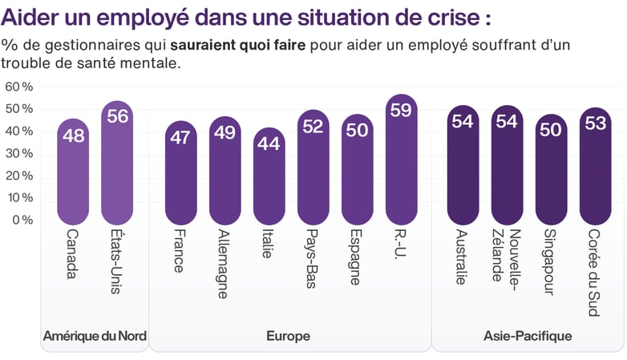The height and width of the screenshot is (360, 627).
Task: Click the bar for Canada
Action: tap(74, 172)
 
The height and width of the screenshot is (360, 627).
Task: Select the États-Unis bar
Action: tap(117, 164)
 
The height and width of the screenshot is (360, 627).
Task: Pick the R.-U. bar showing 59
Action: tap(401, 160)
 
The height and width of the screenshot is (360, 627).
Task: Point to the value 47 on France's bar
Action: tap(181, 137)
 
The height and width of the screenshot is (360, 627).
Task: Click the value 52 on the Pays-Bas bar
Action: tap(313, 126)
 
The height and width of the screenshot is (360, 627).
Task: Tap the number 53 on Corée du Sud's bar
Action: tap(595, 123)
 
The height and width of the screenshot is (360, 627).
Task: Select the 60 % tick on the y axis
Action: tap(19, 87)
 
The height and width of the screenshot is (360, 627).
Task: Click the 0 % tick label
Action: tap(22, 220)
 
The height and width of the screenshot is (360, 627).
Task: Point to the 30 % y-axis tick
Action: tap(19, 153)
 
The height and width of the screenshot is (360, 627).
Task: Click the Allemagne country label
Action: tap(225, 265)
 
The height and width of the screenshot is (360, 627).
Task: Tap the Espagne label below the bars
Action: tap(357, 259)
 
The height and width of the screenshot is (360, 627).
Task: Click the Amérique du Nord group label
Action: tap(95, 336)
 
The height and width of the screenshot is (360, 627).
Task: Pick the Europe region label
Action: tap(288, 336)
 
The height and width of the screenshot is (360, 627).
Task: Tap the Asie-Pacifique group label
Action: tap(528, 336)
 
